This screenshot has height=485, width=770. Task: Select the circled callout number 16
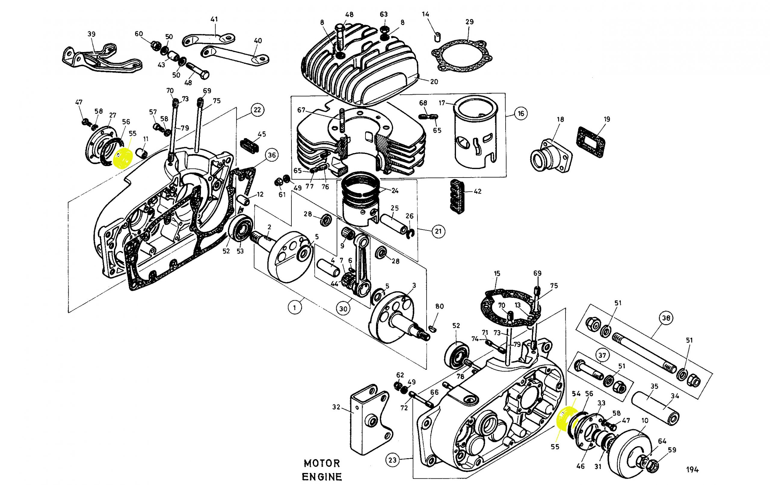(x=521, y=113)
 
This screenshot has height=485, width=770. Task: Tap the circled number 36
(x=272, y=156)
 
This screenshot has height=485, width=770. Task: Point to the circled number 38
(x=666, y=318)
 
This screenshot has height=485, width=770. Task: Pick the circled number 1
(x=294, y=308)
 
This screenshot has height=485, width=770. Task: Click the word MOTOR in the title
(x=322, y=463)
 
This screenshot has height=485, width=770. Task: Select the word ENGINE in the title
(x=322, y=477)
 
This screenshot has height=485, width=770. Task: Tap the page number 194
(x=692, y=470)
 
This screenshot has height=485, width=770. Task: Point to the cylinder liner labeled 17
(x=476, y=134)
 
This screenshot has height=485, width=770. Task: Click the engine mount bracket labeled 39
(x=99, y=59)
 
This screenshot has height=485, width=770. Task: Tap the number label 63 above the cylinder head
(x=384, y=14)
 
